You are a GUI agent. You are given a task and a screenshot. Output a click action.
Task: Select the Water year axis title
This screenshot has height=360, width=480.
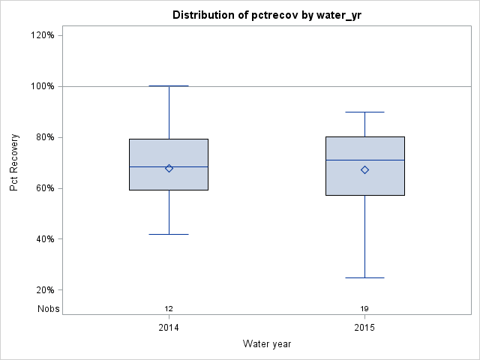pos(266,343)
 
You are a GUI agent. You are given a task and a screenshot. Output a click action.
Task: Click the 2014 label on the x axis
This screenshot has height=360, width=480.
pos(169,328)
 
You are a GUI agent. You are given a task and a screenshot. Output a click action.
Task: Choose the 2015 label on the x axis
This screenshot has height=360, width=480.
pos(364,328)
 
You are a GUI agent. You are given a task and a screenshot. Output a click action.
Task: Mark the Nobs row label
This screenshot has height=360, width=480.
pos(48,308)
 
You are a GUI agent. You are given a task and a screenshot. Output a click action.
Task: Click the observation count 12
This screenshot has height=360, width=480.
pos(169,308)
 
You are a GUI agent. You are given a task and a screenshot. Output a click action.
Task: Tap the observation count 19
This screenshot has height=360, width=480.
pos(364,308)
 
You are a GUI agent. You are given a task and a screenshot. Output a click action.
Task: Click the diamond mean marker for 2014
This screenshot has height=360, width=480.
pos(169,168)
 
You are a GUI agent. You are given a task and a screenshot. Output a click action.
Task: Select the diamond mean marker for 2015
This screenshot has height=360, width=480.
pos(364,169)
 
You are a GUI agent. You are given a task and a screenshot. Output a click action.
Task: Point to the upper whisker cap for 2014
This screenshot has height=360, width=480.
pos(169,86)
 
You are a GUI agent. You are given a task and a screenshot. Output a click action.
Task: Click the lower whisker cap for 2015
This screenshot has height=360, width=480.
pos(364,277)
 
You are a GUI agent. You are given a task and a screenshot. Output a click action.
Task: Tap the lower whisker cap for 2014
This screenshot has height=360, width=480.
pos(169,234)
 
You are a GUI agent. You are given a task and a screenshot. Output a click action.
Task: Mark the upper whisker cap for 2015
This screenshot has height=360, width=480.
pos(364,112)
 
